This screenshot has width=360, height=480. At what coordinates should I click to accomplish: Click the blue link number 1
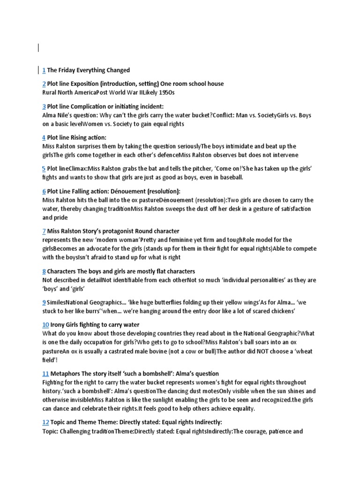coord(44,70)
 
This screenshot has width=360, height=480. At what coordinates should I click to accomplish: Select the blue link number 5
coord(44,169)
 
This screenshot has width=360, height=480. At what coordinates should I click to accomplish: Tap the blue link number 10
coord(45,324)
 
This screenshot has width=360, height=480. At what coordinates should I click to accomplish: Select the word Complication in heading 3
coord(89,106)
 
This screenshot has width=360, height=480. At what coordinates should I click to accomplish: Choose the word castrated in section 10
coord(125,352)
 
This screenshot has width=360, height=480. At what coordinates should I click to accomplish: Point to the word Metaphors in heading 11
coord(65,374)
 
